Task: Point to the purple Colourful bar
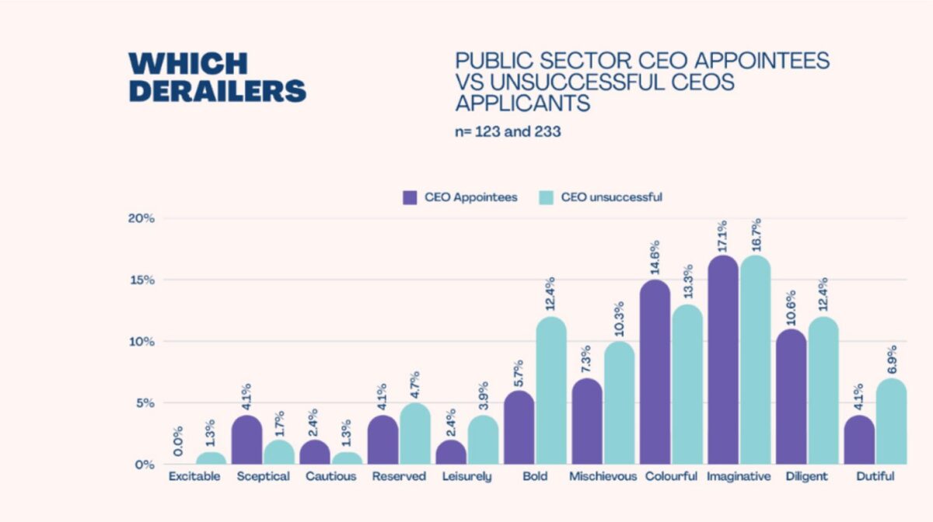coord(655,372)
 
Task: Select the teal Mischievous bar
coord(619,403)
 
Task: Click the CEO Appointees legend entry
coord(460,197)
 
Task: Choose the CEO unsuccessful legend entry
coord(600,197)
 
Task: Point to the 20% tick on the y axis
coord(142,218)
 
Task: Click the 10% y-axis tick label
coord(142,342)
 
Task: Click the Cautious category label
coord(332,476)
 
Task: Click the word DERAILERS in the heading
coord(218,90)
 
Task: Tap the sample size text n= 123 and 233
coord(508,132)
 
